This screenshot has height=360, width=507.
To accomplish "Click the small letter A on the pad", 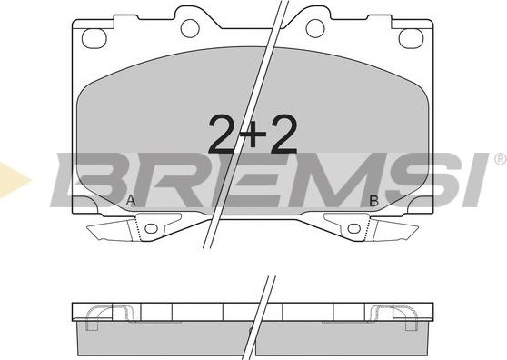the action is click(x=131, y=201).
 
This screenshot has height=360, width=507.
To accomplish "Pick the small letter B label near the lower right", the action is click(x=373, y=201).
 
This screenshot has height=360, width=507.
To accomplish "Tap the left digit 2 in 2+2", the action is click(x=224, y=134).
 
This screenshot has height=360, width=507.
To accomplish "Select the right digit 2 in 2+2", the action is click(x=283, y=134).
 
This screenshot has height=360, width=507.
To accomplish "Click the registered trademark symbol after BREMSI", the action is click(x=501, y=159).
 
